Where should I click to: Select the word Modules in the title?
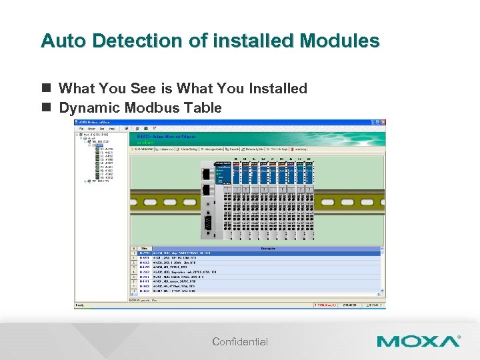tap(340, 41)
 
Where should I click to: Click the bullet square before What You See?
tap(46, 89)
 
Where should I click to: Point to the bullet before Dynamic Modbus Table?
tap(46, 108)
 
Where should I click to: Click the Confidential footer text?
tap(240, 342)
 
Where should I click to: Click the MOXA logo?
tap(418, 341)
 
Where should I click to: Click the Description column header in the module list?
tap(267, 249)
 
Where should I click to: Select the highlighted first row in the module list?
tap(253, 253)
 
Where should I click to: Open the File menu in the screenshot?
tap(81, 129)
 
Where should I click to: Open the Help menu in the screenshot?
tap(111, 129)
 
